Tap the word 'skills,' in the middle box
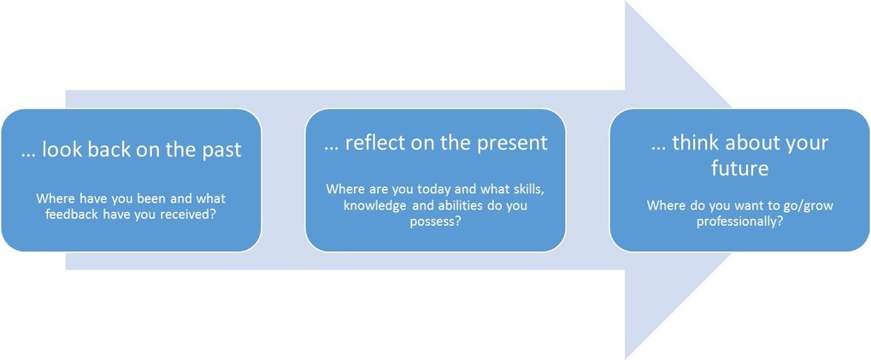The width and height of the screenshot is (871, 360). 527,189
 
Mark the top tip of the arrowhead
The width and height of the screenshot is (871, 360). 626,2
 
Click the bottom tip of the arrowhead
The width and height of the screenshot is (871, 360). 626,357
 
